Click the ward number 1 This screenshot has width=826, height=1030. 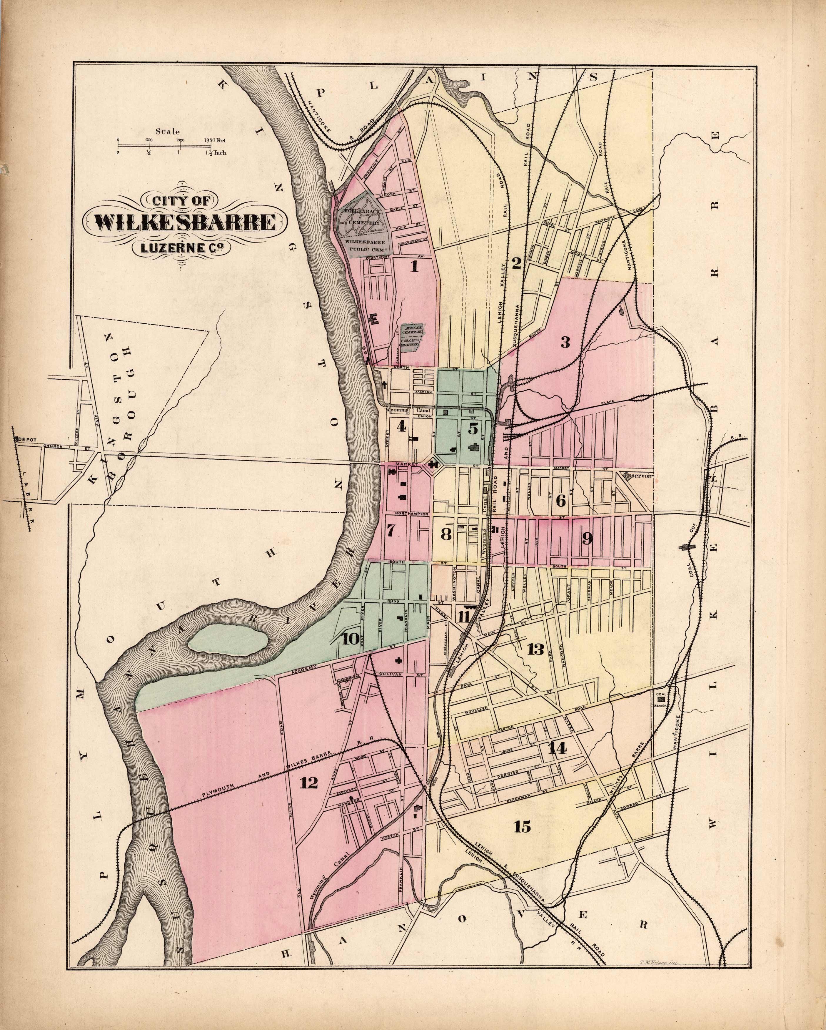(414, 266)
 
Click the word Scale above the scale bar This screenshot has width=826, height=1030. (167, 131)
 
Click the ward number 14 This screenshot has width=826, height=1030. (557, 749)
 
